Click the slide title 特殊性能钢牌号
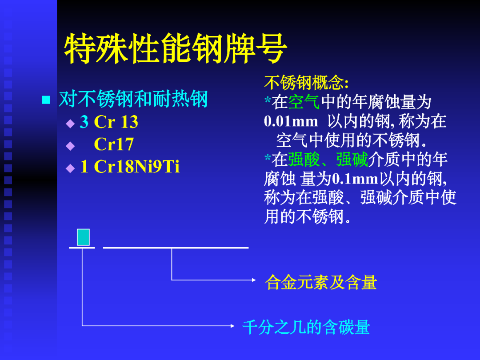(x=176, y=48)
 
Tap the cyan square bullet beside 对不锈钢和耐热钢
(x=46, y=100)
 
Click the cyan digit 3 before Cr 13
(x=84, y=122)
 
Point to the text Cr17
(x=114, y=144)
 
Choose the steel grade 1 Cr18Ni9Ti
(x=130, y=167)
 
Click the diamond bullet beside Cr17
(x=70, y=146)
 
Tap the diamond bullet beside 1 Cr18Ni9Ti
(x=70, y=168)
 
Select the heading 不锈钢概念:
(x=306, y=82)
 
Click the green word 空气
(x=304, y=102)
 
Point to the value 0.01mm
(x=291, y=121)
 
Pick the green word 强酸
(x=304, y=160)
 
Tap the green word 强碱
(x=352, y=160)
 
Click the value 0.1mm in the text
(x=355, y=179)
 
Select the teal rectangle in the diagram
(x=83, y=237)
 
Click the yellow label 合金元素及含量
(x=321, y=282)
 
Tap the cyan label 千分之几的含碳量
(x=306, y=327)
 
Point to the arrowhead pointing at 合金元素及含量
(x=254, y=280)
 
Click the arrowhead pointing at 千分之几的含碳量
(x=232, y=326)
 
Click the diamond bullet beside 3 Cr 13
(x=70, y=124)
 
